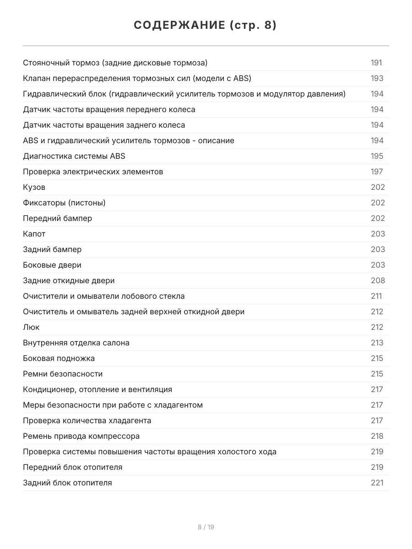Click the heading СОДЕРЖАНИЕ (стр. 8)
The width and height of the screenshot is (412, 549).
click(206, 26)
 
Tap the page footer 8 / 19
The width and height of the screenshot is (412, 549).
click(206, 527)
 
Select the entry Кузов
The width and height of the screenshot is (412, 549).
click(34, 187)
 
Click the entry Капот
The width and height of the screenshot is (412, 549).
click(34, 234)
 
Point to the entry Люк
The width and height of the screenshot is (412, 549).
click(31, 327)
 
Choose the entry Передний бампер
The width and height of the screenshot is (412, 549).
click(57, 218)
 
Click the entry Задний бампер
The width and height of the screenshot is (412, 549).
click(52, 249)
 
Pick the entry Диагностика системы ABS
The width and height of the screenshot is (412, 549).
click(74, 156)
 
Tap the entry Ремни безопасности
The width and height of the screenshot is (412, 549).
click(63, 374)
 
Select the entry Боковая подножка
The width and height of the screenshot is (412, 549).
click(59, 358)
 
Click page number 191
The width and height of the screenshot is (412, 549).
click(376, 63)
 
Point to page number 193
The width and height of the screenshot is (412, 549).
click(377, 78)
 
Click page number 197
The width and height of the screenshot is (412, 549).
click(377, 172)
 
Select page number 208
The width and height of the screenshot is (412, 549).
click(378, 280)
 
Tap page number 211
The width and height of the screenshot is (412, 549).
click(376, 296)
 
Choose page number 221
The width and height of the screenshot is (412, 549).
click(377, 483)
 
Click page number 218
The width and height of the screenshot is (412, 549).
click(377, 436)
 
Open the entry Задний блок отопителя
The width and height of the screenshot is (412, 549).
click(67, 483)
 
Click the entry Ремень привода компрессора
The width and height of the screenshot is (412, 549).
click(81, 436)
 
